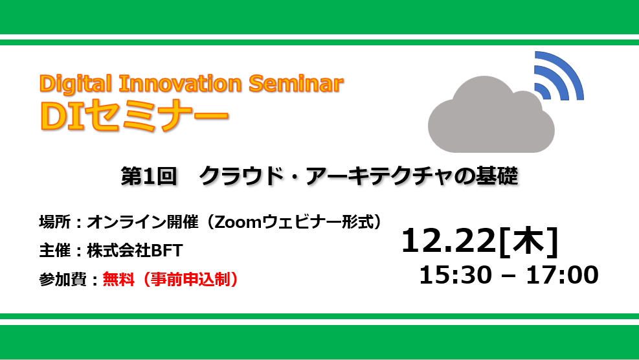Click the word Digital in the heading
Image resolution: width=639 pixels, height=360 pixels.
tap(75, 84)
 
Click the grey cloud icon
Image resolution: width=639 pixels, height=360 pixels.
tap(491, 115)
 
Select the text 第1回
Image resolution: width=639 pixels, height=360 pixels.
tap(149, 176)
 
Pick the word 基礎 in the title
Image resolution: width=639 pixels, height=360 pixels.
tap(497, 176)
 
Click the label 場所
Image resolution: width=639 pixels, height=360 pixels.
tap(55, 222)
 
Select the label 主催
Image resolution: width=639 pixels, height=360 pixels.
tap(55, 251)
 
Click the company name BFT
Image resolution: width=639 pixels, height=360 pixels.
tap(166, 251)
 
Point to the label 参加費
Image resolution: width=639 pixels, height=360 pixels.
tap(63, 279)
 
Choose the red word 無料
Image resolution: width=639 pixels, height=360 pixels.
tap(118, 279)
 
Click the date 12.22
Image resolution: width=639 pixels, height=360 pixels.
tap(448, 241)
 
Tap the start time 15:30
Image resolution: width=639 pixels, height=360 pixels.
tap(456, 275)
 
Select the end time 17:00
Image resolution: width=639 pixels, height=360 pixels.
tap(563, 275)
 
